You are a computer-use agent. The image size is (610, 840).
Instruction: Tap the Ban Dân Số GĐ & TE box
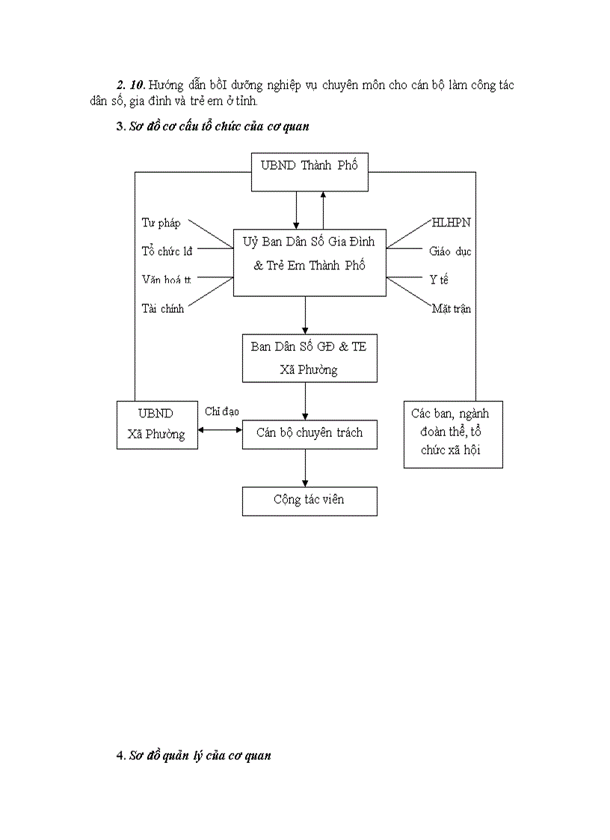click(x=309, y=358)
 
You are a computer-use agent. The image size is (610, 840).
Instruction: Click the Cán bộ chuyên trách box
click(x=309, y=434)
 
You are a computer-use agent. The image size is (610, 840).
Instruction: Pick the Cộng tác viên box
click(x=309, y=500)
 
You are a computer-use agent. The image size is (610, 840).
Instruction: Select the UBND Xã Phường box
click(x=157, y=424)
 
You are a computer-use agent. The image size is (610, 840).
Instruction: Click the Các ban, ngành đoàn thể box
click(x=452, y=434)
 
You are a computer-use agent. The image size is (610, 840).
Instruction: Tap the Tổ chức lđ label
click(x=167, y=251)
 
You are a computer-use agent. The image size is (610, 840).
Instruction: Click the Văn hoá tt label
click(x=167, y=280)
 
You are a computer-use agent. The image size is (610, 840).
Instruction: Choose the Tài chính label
click(x=163, y=308)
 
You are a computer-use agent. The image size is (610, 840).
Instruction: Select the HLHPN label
click(x=451, y=223)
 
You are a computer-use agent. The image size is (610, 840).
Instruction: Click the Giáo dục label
click(x=450, y=251)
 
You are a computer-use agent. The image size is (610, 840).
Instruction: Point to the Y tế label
click(x=439, y=280)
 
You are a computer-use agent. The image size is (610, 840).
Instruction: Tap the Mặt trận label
click(x=451, y=308)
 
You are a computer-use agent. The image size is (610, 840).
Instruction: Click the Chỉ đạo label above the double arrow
click(x=222, y=411)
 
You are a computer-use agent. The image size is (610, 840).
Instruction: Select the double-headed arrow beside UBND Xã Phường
click(x=221, y=429)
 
